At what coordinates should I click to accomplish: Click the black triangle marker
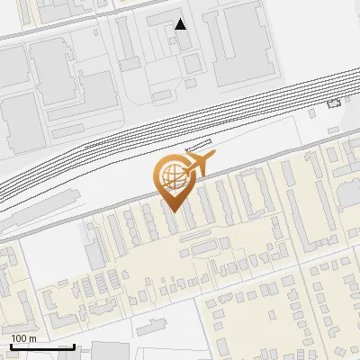click(x=181, y=24)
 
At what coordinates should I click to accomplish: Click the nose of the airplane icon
click(x=213, y=157)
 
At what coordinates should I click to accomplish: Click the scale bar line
click(x=41, y=346)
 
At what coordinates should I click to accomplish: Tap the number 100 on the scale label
click(x=20, y=338)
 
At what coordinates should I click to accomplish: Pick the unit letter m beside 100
click(x=32, y=338)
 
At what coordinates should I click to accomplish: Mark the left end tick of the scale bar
click(x=10, y=345)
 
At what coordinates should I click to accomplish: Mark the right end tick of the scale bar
click(x=74, y=345)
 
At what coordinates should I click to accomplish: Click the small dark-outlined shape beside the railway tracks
click(x=334, y=103)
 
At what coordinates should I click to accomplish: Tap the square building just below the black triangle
click(x=193, y=62)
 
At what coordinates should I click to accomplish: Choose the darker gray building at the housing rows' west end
click(x=95, y=237)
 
